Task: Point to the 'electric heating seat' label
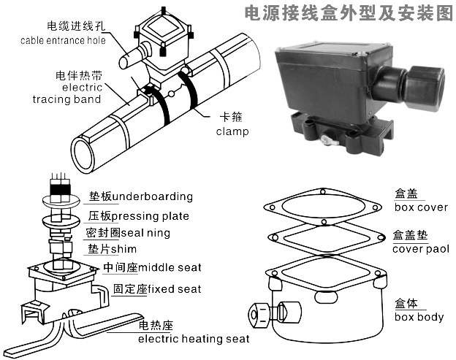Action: click(x=194, y=339)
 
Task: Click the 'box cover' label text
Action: click(x=420, y=207)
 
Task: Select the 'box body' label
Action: click(x=419, y=317)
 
